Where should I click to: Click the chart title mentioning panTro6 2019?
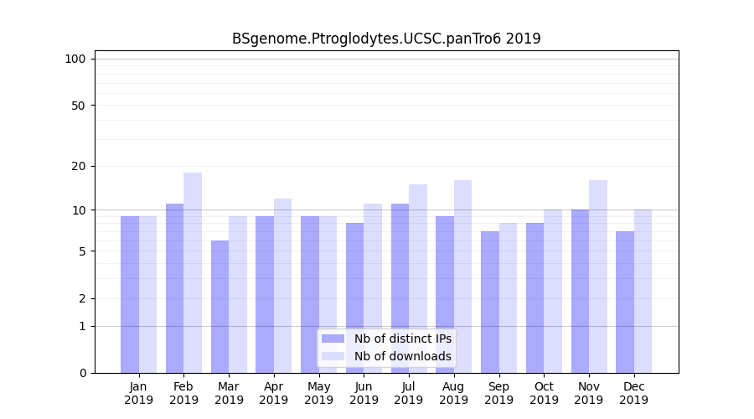(386, 39)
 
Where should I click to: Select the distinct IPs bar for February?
(174, 288)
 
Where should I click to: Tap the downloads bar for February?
(193, 272)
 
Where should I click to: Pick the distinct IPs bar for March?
(219, 307)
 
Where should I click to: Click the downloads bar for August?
(462, 277)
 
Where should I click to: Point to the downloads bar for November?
(598, 277)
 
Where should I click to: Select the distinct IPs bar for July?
(400, 288)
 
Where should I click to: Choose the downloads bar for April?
(282, 286)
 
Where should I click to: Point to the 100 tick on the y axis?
(75, 59)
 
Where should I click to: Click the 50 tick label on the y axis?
(78, 106)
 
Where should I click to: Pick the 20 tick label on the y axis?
(78, 166)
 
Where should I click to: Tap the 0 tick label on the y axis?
(82, 373)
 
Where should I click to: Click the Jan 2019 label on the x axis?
(139, 393)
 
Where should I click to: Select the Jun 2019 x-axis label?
(364, 393)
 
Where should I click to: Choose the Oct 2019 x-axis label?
(544, 393)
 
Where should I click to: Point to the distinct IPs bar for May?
(310, 294)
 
